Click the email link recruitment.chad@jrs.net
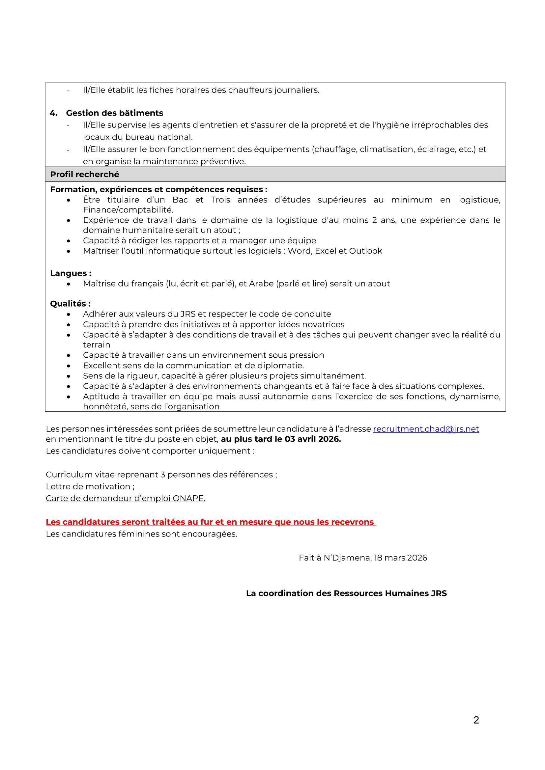pyautogui.click(x=425, y=429)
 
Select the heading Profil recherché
pyautogui.click(x=85, y=175)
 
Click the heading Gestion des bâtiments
pyautogui.click(x=114, y=113)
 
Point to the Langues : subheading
pyautogui.click(x=71, y=273)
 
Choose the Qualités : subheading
pyautogui.click(x=70, y=304)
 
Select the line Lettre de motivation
pyautogui.click(x=90, y=486)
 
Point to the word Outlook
pyautogui.click(x=365, y=251)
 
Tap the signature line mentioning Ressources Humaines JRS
pyautogui.click(x=346, y=593)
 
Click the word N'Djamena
pyautogui.click(x=347, y=558)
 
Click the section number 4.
pyautogui.click(x=53, y=113)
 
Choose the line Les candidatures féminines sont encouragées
pyautogui.click(x=141, y=534)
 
